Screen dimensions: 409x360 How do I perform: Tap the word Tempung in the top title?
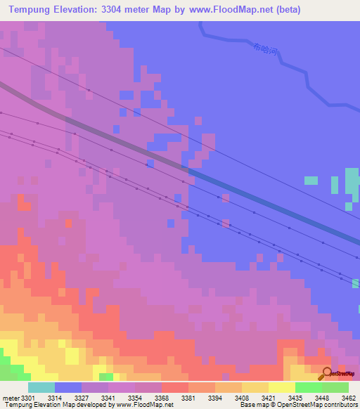(34, 10)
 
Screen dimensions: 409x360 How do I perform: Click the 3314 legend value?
(55, 398)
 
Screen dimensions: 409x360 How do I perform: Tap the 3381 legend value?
(188, 398)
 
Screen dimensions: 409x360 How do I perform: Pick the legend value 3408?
(241, 398)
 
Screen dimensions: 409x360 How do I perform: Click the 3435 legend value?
(295, 398)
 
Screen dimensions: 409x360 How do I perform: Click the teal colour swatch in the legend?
(41, 387)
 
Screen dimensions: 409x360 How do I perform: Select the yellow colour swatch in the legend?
(281, 387)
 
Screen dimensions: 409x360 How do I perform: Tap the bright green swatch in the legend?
(308, 387)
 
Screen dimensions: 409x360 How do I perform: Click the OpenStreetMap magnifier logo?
(327, 373)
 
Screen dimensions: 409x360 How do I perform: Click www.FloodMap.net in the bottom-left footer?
(145, 405)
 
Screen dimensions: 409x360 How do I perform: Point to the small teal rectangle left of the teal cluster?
(311, 181)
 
